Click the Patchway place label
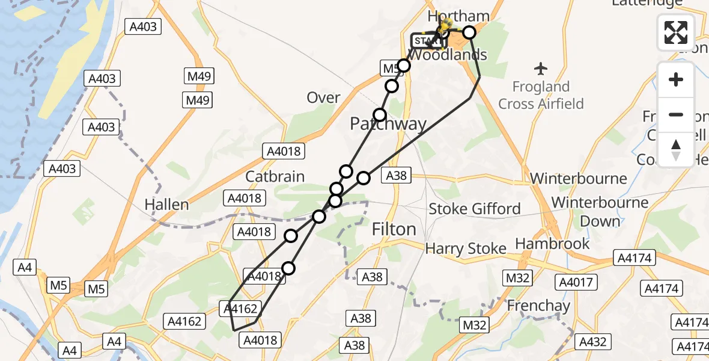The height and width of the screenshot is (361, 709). click(x=388, y=125)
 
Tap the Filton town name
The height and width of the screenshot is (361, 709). click(x=394, y=229)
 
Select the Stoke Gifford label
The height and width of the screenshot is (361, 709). click(x=474, y=209)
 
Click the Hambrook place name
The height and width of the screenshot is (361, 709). click(x=552, y=243)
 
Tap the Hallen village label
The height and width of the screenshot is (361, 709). click(x=166, y=205)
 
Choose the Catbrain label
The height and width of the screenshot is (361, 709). click(x=275, y=176)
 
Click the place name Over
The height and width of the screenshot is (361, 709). click(x=323, y=97)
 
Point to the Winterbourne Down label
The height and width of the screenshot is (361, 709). click(x=600, y=211)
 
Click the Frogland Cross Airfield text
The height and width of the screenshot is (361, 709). click(x=541, y=95)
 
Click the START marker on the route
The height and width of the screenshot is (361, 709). click(x=425, y=41)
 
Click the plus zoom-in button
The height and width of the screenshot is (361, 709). click(x=676, y=79)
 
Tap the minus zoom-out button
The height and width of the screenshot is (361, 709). click(x=676, y=114)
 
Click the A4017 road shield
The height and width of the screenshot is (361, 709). click(x=576, y=282)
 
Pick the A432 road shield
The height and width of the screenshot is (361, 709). click(x=592, y=342)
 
